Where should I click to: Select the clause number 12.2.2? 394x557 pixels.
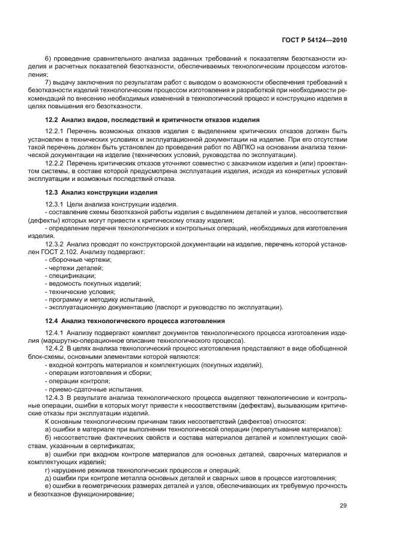(x=55, y=164)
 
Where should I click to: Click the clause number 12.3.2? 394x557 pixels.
(x=55, y=245)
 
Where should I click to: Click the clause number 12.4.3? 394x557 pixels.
(x=55, y=396)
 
